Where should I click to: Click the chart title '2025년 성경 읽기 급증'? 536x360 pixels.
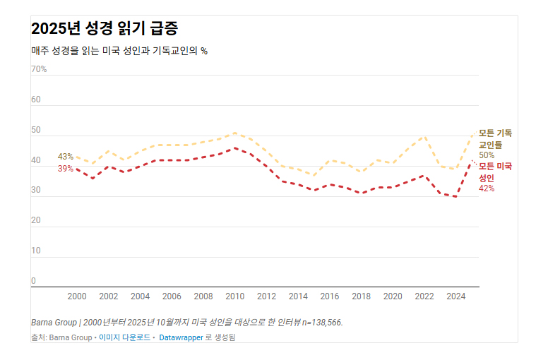tap(105, 29)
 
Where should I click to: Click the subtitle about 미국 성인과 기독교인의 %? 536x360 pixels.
tap(119, 51)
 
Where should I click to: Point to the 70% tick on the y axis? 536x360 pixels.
tap(39, 69)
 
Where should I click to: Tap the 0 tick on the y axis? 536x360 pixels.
tap(33, 281)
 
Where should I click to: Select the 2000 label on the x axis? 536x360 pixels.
tap(77, 296)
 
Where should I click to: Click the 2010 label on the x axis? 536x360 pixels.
tap(235, 296)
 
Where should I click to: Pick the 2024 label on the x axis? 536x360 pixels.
tap(456, 296)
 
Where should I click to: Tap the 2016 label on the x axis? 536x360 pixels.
tap(330, 296)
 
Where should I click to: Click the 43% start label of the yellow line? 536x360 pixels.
tap(66, 157)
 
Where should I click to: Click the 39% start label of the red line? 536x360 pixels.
tap(66, 169)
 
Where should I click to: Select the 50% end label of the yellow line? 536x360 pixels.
tap(487, 155)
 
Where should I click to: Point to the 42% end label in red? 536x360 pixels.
tap(487, 188)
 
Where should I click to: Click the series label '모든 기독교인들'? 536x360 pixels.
tap(495, 138)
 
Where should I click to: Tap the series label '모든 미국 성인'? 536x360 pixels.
tap(495, 172)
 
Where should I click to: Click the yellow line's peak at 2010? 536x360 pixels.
tap(235, 133)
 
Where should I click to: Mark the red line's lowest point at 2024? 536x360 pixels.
tap(456, 196)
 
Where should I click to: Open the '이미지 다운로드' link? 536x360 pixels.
tap(124, 337)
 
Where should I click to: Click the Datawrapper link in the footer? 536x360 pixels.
tap(181, 337)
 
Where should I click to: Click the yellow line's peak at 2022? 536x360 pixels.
tap(424, 136)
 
